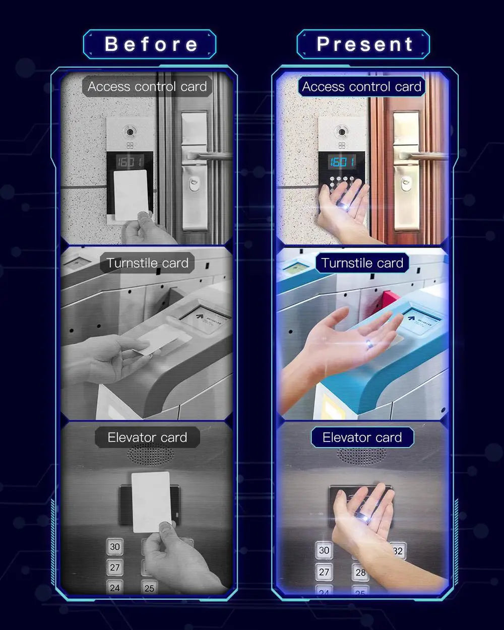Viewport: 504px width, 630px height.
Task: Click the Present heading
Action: pyautogui.click(x=364, y=44)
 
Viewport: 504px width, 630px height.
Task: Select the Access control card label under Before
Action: pyautogui.click(x=147, y=87)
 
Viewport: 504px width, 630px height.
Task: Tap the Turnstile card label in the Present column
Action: pyautogui.click(x=362, y=263)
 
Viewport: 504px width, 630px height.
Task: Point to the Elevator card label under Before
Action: pyautogui.click(x=147, y=437)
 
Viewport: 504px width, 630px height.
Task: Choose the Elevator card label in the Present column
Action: pyautogui.click(x=362, y=437)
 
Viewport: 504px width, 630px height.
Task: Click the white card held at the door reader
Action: pyautogui.click(x=131, y=195)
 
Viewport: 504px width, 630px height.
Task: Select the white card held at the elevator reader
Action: pyautogui.click(x=151, y=501)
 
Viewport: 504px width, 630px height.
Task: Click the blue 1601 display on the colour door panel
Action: pyautogui.click(x=342, y=162)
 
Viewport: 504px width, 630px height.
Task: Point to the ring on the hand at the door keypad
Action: pyautogui.click(x=345, y=204)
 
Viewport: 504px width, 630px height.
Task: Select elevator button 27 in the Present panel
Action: pyautogui.click(x=324, y=572)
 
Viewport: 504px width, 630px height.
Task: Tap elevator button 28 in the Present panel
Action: pyautogui.click(x=360, y=573)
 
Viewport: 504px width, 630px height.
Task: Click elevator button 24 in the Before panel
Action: pyautogui.click(x=115, y=588)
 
